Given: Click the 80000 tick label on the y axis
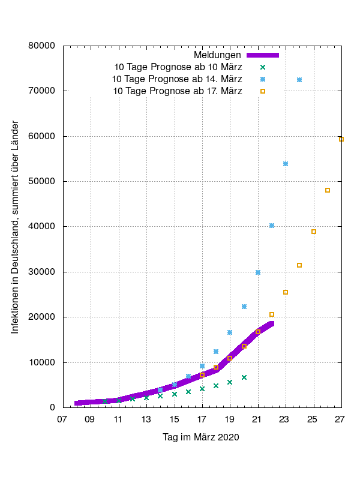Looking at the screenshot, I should click(43, 46).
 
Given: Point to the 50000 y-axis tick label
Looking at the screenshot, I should click(43, 181).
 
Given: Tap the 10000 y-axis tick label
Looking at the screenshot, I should click(43, 362).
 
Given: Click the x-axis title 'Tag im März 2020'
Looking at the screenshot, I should click(201, 437).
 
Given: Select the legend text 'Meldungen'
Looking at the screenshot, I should click(217, 55).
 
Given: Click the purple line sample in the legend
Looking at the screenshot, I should click(262, 55).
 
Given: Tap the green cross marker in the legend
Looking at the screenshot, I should click(262, 67).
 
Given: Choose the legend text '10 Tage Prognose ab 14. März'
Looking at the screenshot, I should click(177, 79).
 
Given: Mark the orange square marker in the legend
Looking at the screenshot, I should click(262, 91).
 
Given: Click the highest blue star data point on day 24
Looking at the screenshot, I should click(299, 80).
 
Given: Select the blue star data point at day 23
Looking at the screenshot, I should click(286, 164).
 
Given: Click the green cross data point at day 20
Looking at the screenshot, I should click(244, 377).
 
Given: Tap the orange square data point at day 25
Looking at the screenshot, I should click(314, 232).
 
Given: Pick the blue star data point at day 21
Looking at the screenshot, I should click(258, 272).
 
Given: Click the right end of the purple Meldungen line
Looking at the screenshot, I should click(272, 324).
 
